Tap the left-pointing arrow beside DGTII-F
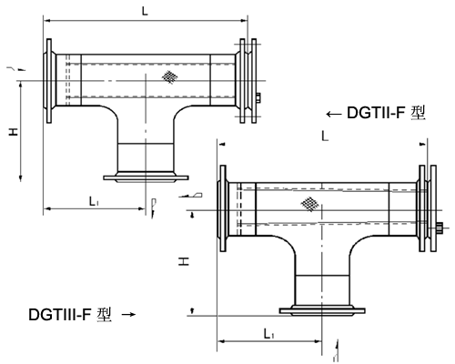[x=333, y=114]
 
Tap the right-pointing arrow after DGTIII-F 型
[x=128, y=315]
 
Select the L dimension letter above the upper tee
[x=146, y=10]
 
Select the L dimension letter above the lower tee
[x=324, y=135]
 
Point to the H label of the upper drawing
[x=13, y=133]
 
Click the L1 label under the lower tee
[x=268, y=334]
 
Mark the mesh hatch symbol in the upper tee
[x=169, y=77]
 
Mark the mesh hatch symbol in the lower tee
[x=311, y=205]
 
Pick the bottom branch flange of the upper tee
[x=146, y=177]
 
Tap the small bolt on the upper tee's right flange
[x=260, y=98]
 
